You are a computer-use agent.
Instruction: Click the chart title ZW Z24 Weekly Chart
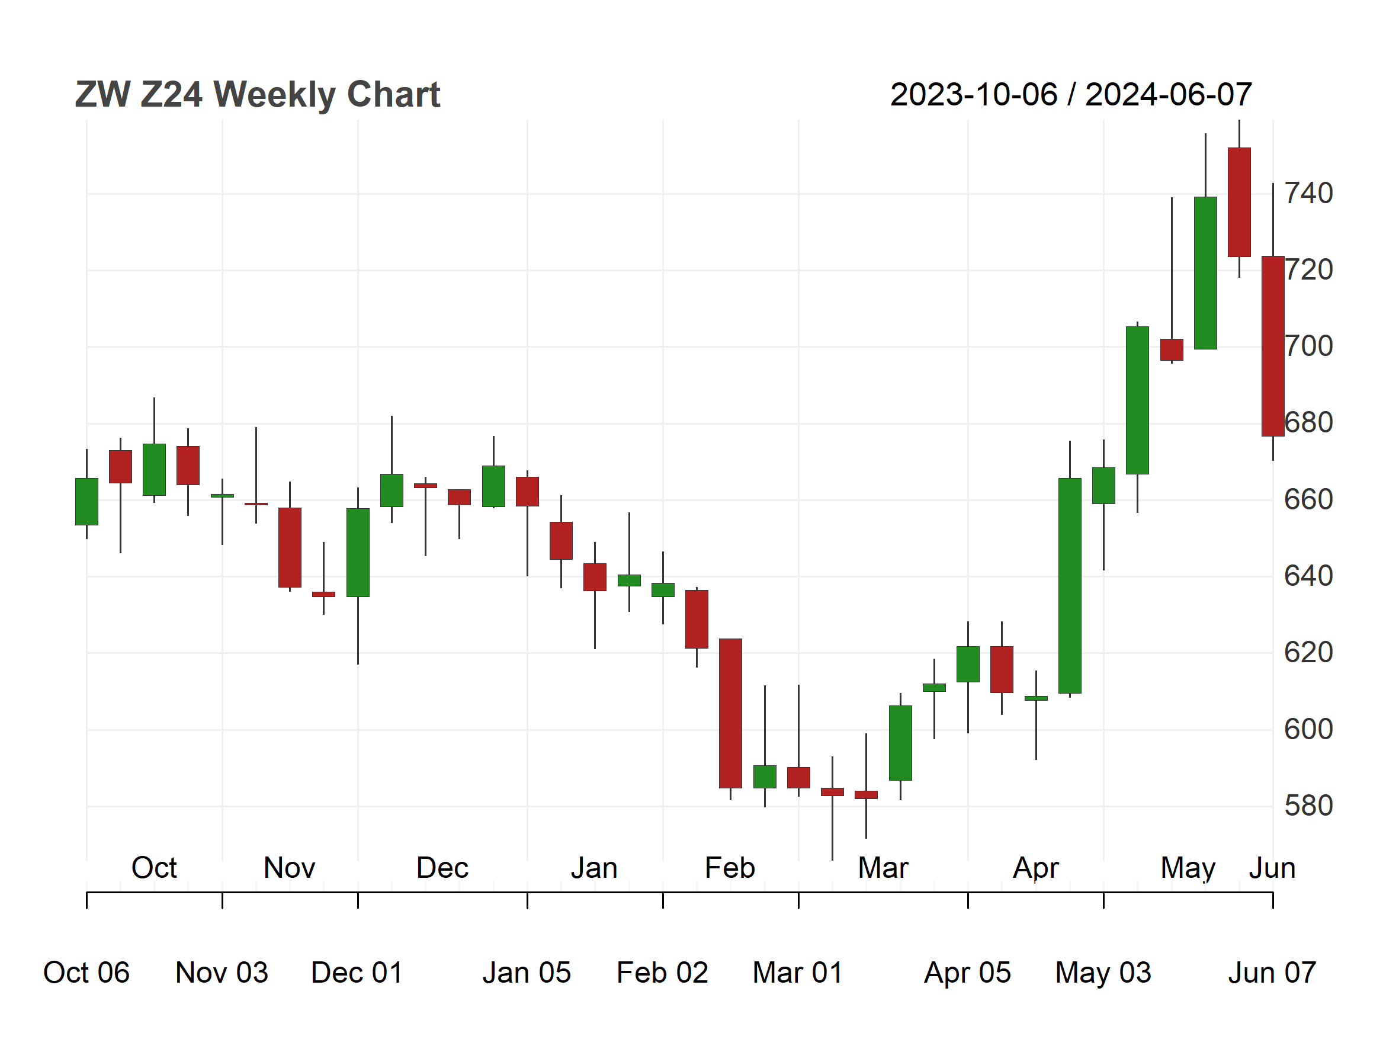coord(258,95)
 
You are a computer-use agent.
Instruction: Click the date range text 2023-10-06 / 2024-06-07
coord(1071,95)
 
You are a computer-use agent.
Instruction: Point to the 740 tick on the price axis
coord(1308,193)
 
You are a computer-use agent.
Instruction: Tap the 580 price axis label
coord(1308,806)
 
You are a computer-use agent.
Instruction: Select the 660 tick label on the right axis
coord(1308,499)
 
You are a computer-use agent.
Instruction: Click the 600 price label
coord(1308,729)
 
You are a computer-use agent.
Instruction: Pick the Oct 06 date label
coord(86,973)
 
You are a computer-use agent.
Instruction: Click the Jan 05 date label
coord(527,973)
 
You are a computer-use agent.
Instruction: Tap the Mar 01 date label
coord(798,973)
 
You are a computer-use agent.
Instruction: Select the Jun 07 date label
coord(1272,973)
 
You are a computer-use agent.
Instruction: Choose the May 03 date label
coord(1103,973)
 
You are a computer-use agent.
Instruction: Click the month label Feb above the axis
coord(730,868)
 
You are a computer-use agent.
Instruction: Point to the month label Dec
coord(442,868)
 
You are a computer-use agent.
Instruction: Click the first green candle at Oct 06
coord(86,502)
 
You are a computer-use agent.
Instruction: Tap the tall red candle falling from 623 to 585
coord(730,713)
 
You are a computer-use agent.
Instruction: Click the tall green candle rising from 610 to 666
coord(1070,586)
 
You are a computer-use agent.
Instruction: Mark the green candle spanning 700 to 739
coord(1205,272)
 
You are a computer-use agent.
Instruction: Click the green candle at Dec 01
coord(358,553)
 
